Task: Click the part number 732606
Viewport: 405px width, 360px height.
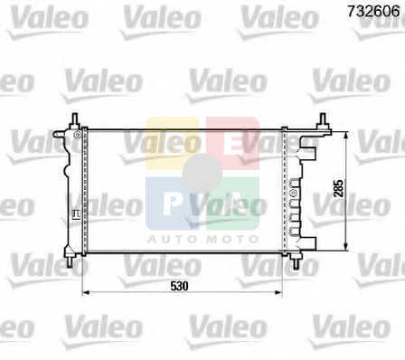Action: pos(373,12)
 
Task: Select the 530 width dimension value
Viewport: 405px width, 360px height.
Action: pos(179,286)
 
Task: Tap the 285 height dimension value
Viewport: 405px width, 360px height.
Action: pos(339,188)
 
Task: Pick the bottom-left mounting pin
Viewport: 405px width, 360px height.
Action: pos(70,262)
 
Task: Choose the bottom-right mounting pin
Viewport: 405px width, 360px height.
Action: pos(297,263)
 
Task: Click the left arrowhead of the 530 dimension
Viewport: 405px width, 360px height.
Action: pos(86,292)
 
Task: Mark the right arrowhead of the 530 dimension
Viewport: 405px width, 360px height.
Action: pos(278,292)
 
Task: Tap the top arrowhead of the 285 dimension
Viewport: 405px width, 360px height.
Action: pos(346,136)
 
